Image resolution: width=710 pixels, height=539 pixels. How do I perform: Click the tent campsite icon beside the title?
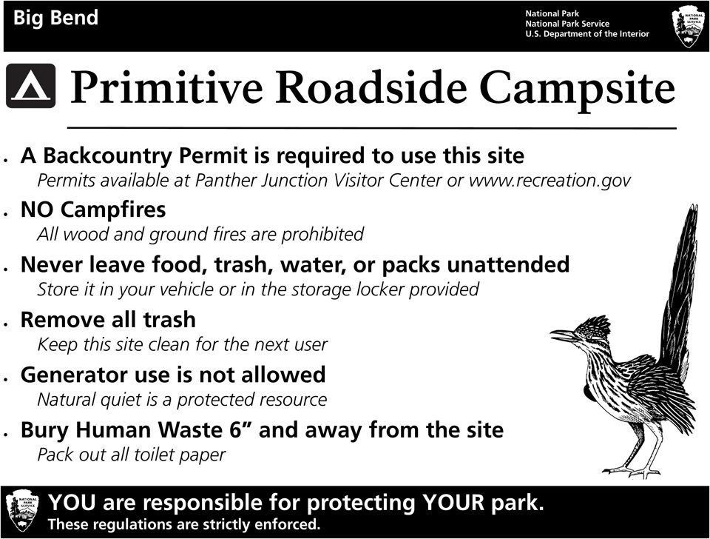click(30, 86)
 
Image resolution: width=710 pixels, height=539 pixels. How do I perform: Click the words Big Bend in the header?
click(55, 18)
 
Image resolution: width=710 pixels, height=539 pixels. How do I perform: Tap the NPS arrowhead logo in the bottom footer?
click(22, 511)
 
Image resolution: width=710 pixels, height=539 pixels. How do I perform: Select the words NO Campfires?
click(93, 210)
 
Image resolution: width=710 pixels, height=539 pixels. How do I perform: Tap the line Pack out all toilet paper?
click(131, 455)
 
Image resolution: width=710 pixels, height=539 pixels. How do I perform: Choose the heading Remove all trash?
click(108, 320)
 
